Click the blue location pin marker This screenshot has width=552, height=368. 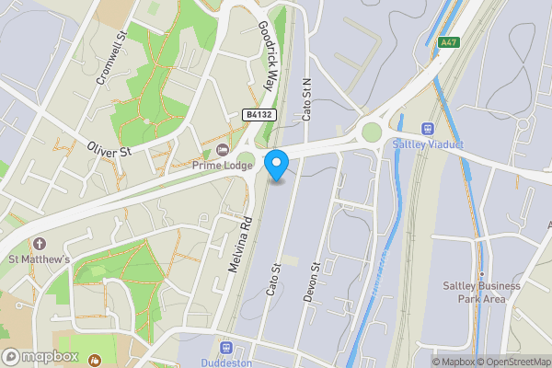point(277,165)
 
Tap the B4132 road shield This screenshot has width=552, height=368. point(260,114)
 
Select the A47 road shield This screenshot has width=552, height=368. point(449,41)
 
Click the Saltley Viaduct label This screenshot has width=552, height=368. point(428,144)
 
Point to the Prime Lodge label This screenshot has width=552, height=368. point(221,166)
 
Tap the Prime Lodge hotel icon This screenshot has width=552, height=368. point(222,150)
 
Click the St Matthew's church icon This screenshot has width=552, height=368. point(40,245)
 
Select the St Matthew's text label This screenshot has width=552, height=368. point(40,260)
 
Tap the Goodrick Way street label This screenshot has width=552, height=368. point(267,54)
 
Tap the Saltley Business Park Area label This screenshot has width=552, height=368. point(475,292)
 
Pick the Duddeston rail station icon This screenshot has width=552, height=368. point(228,348)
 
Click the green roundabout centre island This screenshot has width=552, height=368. point(371,132)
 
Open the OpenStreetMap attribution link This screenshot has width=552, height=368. point(512,361)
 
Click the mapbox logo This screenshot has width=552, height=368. point(40,357)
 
